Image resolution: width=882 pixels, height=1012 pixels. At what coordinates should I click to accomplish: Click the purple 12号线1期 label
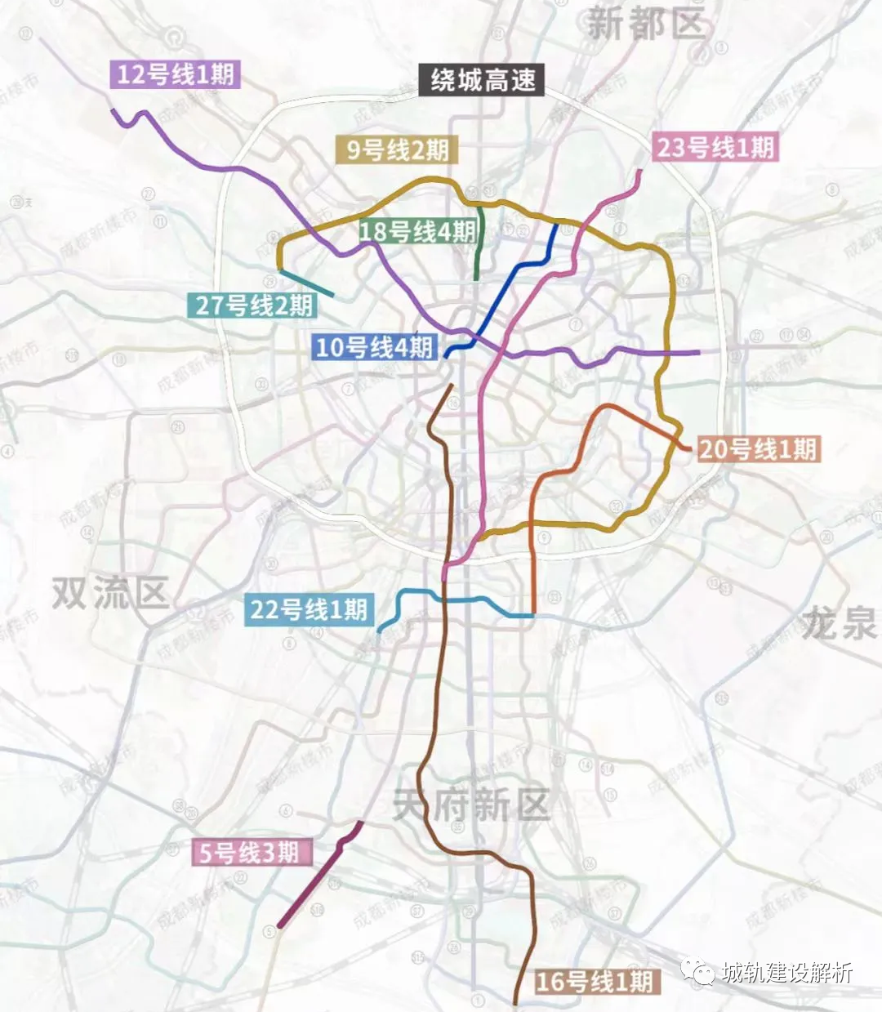click(175, 75)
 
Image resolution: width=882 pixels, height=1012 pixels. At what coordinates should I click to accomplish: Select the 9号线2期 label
click(397, 150)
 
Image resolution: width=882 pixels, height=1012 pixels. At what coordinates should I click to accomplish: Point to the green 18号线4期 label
click(416, 232)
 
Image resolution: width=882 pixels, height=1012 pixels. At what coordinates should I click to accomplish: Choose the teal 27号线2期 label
click(254, 305)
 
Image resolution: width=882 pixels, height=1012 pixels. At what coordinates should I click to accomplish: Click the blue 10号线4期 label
click(374, 347)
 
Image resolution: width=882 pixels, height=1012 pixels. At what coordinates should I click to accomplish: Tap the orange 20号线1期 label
click(757, 448)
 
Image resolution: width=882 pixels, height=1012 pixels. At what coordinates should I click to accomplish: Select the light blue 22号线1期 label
click(309, 610)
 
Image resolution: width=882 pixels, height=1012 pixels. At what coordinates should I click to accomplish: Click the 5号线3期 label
click(250, 853)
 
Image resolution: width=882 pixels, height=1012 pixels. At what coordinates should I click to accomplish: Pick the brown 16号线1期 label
click(594, 981)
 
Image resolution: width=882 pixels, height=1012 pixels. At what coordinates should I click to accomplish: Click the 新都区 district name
click(645, 25)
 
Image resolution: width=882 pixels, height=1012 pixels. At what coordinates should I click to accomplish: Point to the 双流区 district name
click(110, 593)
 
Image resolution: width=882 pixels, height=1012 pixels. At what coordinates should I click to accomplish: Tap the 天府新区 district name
click(471, 805)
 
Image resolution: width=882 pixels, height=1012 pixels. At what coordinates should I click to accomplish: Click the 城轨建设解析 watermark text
click(786, 972)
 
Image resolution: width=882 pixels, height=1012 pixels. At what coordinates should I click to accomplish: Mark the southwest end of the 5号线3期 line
click(279, 926)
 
